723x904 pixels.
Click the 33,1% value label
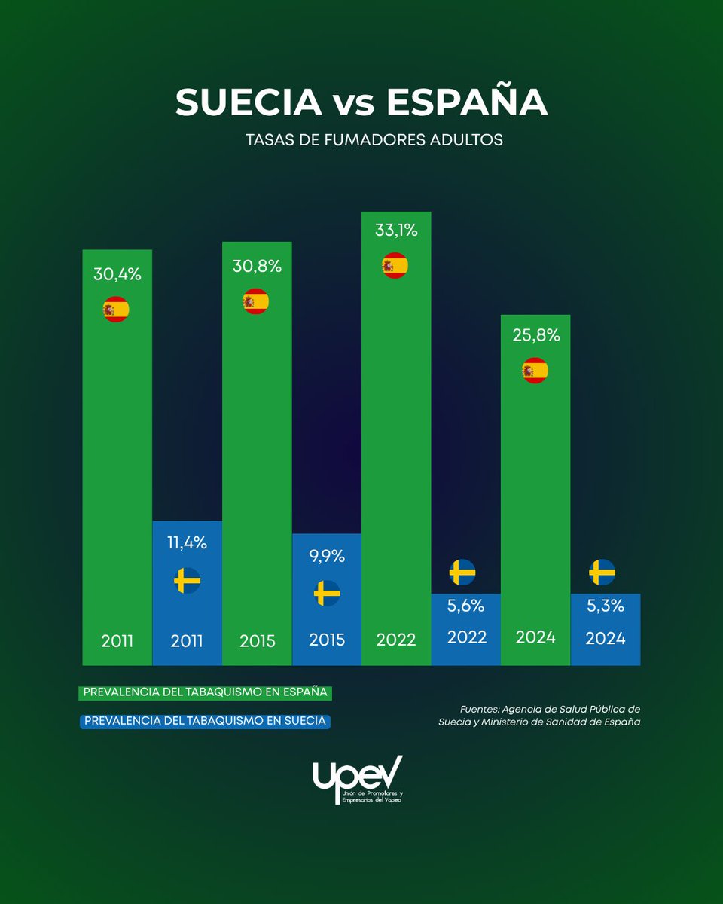coord(396,231)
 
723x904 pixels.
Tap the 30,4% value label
coord(117,275)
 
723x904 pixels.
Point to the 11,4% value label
coord(188,542)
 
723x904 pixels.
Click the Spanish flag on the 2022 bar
coord(395,265)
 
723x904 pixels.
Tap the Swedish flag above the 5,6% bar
coord(462,573)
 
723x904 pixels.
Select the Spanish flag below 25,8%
coord(535,371)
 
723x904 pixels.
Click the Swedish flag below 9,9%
coord(327,594)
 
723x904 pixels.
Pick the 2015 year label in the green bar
coord(257,641)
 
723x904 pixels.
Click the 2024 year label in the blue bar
coord(606,638)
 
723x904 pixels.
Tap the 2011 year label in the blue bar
coord(188,641)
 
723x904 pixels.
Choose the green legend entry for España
coord(205,692)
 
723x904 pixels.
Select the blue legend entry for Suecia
coord(205,721)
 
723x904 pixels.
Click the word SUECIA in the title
coord(249,103)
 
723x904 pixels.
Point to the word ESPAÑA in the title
coord(467,103)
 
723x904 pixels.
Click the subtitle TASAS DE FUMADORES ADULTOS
coord(374,140)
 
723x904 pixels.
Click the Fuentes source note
coord(539,716)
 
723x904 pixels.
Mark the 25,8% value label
coord(536,336)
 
